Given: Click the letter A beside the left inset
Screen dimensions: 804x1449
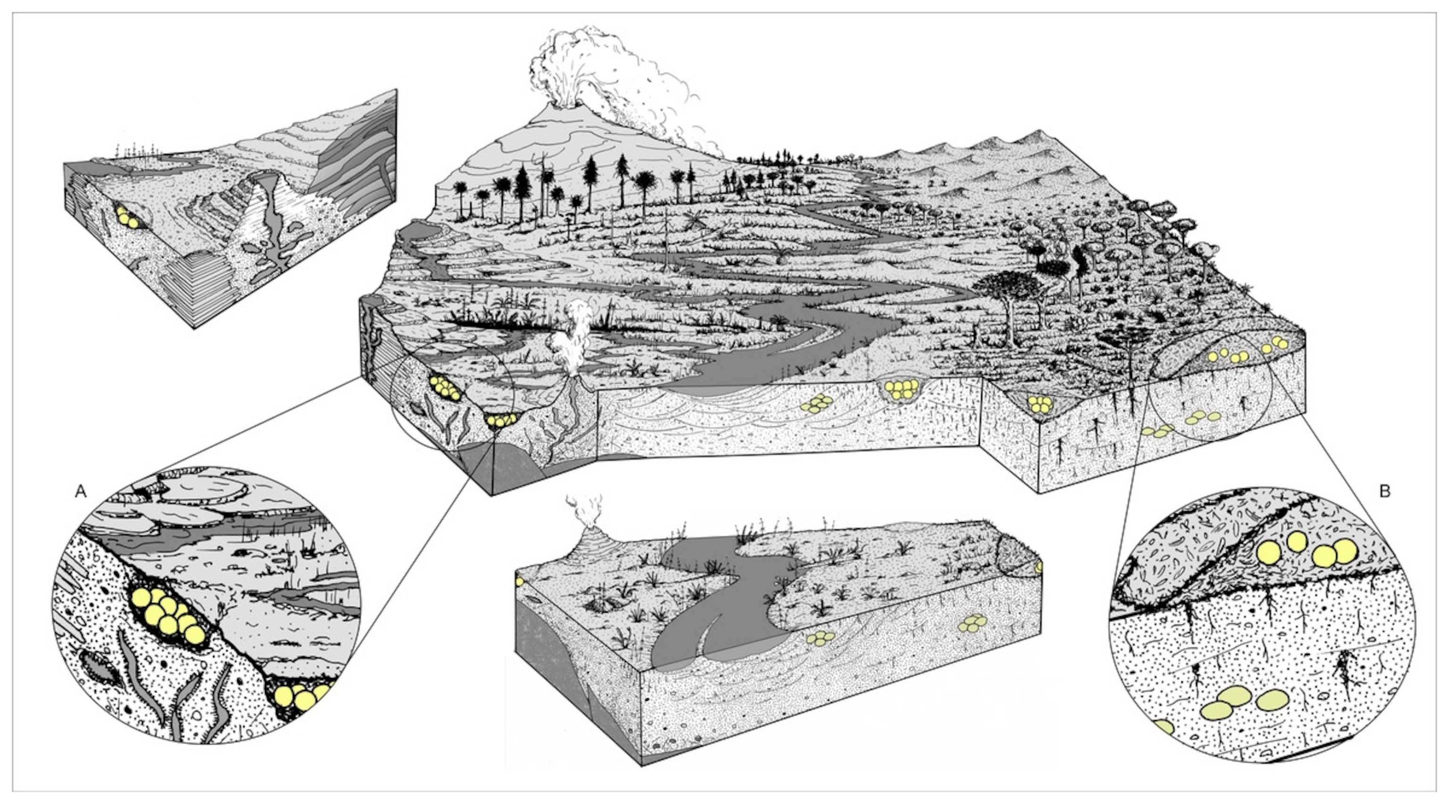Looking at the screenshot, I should (x=81, y=492).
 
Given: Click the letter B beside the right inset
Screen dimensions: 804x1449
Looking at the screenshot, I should (x=1385, y=491).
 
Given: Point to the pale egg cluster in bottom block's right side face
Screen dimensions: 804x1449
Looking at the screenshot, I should (x=973, y=622).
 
